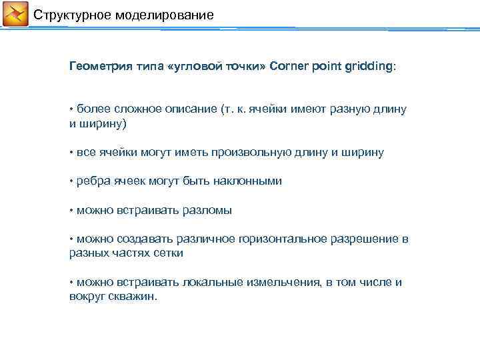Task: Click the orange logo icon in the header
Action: [x=15, y=14]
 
